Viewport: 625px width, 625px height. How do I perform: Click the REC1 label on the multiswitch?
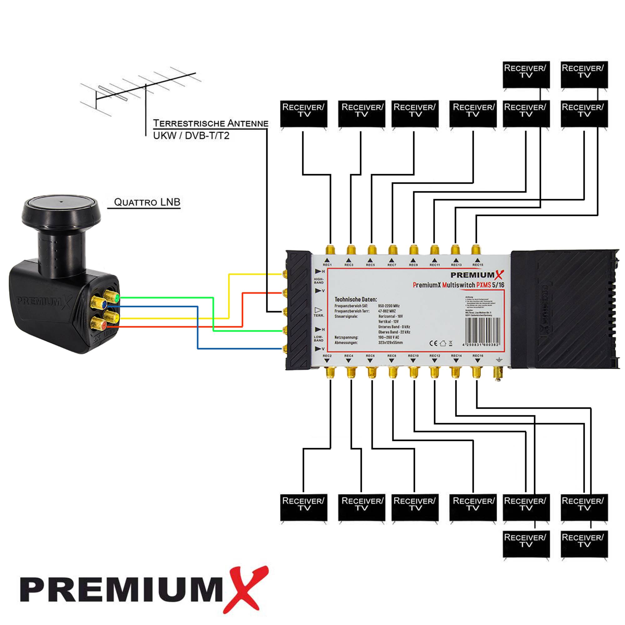coord(327,265)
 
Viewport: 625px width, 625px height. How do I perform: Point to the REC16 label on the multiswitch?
coord(478,356)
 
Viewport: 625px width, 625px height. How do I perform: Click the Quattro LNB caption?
coord(147,202)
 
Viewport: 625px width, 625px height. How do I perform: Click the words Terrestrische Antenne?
coord(211,123)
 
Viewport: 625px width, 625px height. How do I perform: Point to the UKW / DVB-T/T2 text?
coord(191,136)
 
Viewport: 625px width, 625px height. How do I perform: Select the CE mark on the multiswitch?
coord(433,343)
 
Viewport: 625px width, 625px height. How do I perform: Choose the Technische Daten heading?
coord(356,299)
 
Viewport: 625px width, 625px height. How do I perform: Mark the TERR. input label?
coord(318,315)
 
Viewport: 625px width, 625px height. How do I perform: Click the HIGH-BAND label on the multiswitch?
coord(319,281)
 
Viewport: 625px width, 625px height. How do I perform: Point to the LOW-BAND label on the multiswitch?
coord(318,338)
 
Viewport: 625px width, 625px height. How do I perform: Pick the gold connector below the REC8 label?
coord(392,372)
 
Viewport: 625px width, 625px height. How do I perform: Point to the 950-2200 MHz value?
coord(388,306)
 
